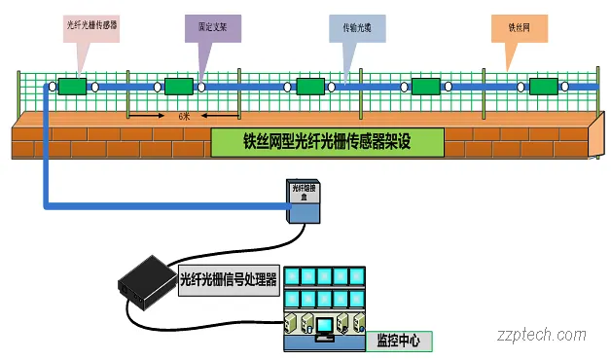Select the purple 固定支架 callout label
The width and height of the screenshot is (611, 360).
click(x=213, y=27)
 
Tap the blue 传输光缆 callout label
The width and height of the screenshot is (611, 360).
click(x=357, y=28)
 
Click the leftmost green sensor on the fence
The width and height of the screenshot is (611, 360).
click(x=72, y=88)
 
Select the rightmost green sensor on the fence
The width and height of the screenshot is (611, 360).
click(x=542, y=88)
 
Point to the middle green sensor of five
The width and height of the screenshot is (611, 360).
click(x=310, y=88)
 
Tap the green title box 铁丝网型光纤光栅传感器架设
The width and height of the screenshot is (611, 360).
click(x=327, y=142)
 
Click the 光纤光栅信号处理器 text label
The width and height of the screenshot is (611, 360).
click(x=230, y=279)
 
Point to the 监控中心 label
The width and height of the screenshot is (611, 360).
click(x=397, y=342)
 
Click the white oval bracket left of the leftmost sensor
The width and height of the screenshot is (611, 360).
click(x=52, y=88)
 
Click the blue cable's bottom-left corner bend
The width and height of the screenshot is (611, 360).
click(x=45, y=205)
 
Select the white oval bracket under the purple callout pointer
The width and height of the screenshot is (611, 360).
click(x=200, y=88)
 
